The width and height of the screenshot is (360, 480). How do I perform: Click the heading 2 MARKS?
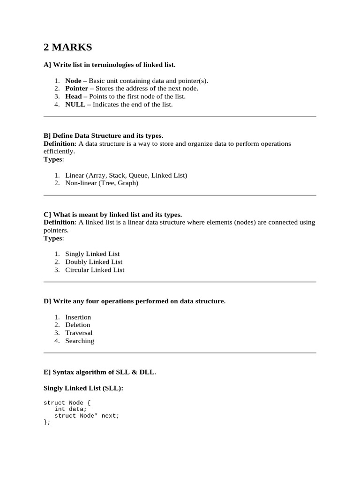(68, 47)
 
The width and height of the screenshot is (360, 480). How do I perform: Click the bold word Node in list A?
(73, 81)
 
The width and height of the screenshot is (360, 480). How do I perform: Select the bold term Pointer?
(76, 89)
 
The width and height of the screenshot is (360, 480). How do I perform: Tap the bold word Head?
(73, 97)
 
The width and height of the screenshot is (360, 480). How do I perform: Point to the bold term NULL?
(75, 105)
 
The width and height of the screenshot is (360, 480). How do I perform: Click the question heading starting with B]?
(103, 136)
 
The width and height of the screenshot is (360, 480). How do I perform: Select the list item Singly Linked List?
(92, 254)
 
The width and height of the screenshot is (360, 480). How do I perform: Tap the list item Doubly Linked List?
(94, 262)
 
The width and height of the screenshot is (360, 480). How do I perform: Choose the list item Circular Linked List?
(95, 270)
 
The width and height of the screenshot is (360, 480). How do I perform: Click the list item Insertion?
(78, 317)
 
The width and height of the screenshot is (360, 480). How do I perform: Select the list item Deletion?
(77, 325)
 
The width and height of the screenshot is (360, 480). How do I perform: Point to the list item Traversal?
(79, 333)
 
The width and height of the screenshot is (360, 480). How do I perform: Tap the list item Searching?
(80, 341)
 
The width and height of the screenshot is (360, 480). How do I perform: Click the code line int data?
(70, 409)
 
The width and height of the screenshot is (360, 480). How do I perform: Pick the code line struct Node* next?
(87, 416)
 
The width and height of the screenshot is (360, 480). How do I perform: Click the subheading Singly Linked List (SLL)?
(83, 389)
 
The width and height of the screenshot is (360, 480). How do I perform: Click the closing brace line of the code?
(46, 422)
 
